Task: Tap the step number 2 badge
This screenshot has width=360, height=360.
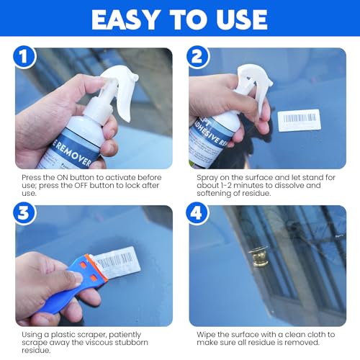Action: pos(198,57)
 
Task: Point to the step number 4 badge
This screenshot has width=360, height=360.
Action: pos(198,215)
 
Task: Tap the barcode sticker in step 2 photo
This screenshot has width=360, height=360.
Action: pos(298,120)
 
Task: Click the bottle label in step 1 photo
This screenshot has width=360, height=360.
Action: pos(72,148)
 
